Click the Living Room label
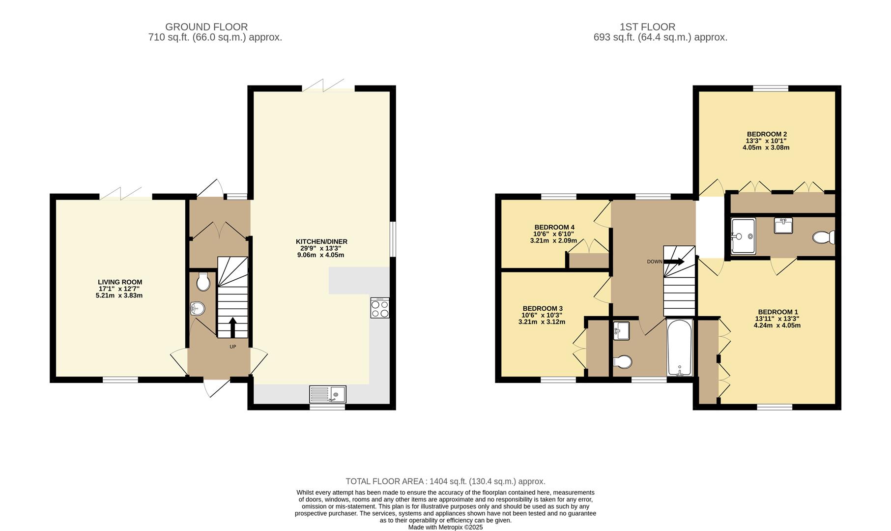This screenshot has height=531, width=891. [x=120, y=282]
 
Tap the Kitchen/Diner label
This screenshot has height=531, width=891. [x=321, y=241]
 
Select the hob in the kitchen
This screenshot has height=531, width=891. [x=380, y=308]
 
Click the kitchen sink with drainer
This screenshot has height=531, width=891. [x=328, y=394]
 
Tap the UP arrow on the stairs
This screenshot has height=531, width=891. [x=232, y=327]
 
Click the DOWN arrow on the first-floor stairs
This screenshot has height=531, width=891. [x=674, y=262]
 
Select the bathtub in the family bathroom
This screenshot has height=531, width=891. [x=680, y=348]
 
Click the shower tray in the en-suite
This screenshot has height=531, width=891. [x=743, y=236]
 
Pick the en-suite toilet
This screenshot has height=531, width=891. [x=824, y=237]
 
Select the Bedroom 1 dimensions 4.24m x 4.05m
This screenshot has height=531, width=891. [x=777, y=325]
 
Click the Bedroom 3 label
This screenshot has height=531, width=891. [x=543, y=309]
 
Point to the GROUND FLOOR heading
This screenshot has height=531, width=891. [x=206, y=27]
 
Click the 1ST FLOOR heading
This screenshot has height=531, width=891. [x=648, y=27]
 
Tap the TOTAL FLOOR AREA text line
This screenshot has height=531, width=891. [x=445, y=482]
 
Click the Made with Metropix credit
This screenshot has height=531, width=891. [x=445, y=527]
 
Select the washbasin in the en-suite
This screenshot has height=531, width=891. [x=783, y=226]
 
